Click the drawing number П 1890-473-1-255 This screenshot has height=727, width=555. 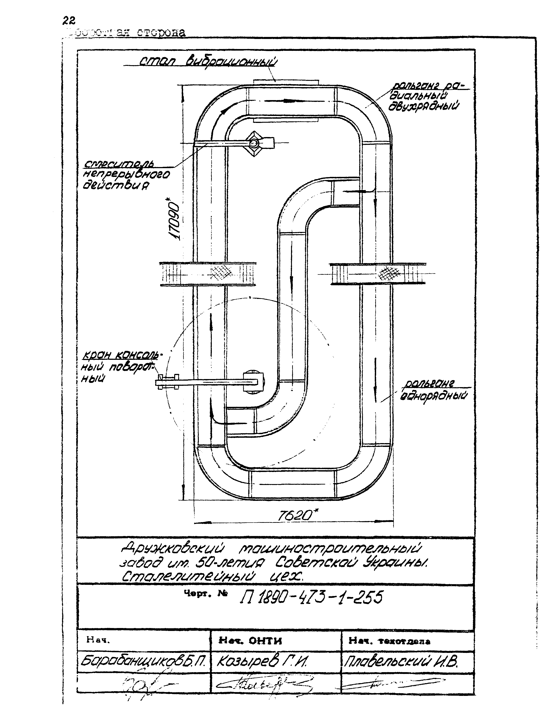[311, 597]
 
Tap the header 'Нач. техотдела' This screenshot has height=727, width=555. [390, 641]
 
